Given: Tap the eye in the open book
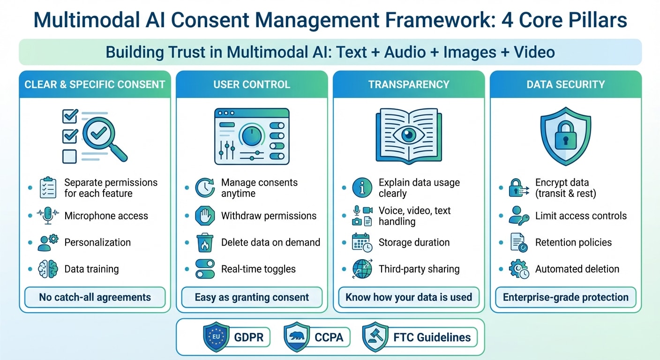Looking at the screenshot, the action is pyautogui.click(x=409, y=135).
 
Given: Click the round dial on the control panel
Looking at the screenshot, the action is pyautogui.click(x=252, y=136).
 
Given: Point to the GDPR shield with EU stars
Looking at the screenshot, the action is pyautogui.click(x=216, y=337).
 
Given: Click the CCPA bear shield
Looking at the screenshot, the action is pyautogui.click(x=296, y=337).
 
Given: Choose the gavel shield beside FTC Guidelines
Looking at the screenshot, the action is pyautogui.click(x=375, y=337).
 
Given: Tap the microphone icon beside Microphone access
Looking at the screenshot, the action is pyautogui.click(x=48, y=215).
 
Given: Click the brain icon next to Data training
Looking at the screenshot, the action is pyautogui.click(x=48, y=269).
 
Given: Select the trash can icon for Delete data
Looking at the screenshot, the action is pyautogui.click(x=205, y=242).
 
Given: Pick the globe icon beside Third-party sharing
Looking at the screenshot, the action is pyautogui.click(x=362, y=269).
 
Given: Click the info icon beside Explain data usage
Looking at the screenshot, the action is pyautogui.click(x=362, y=187).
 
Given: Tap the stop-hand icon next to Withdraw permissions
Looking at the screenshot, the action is pyautogui.click(x=205, y=216).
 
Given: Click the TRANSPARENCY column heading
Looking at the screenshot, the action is pyautogui.click(x=409, y=84).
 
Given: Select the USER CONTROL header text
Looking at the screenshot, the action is pyautogui.click(x=252, y=84).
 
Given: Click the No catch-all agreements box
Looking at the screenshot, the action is pyautogui.click(x=95, y=297).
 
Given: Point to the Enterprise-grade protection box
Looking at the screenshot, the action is pyautogui.click(x=565, y=297).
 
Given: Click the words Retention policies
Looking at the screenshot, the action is pyautogui.click(x=573, y=242).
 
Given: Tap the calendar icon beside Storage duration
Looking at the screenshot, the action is pyautogui.click(x=362, y=242).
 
